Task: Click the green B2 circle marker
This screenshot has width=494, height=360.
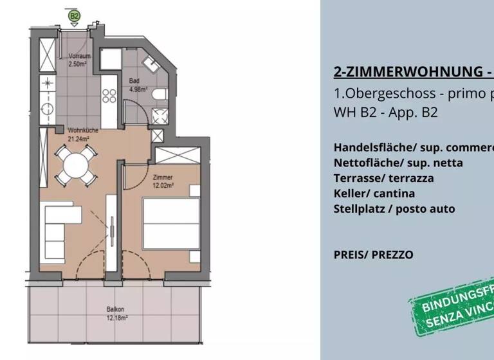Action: click(74, 14)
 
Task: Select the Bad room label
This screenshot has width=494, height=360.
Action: click(134, 81)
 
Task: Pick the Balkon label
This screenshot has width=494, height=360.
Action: click(116, 308)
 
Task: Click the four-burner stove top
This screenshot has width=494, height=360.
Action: click(109, 96)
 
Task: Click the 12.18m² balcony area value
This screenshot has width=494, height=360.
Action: click(117, 317)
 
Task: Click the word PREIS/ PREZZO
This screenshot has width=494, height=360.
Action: click(373, 255)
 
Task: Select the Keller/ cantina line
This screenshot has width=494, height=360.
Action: click(374, 194)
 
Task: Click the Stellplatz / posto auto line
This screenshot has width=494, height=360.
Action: click(394, 209)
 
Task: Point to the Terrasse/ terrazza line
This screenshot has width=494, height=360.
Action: click(383, 178)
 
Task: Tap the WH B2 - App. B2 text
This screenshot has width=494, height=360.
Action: click(386, 112)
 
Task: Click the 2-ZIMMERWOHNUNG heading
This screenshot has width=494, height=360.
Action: click(412, 71)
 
